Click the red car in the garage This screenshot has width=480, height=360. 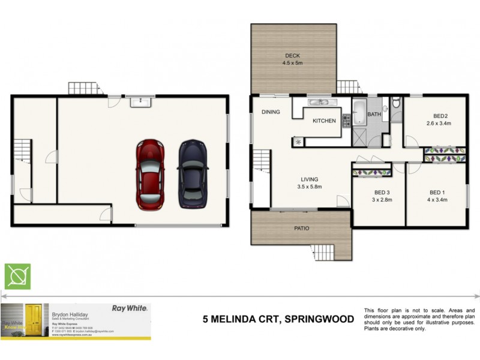(150, 174)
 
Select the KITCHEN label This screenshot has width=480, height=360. (324, 121)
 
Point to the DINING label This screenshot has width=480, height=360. (271, 112)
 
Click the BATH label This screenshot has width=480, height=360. (374, 114)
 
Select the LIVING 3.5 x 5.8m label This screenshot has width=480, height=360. (310, 183)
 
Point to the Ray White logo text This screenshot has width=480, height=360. (130, 308)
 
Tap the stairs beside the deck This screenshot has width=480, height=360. (347, 88)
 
